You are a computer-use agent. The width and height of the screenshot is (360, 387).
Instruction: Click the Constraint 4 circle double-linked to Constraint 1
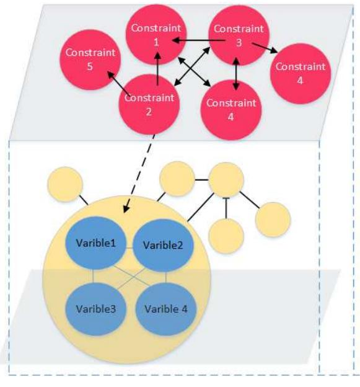(x=231, y=109)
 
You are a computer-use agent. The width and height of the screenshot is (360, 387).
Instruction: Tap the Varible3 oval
(x=95, y=308)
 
